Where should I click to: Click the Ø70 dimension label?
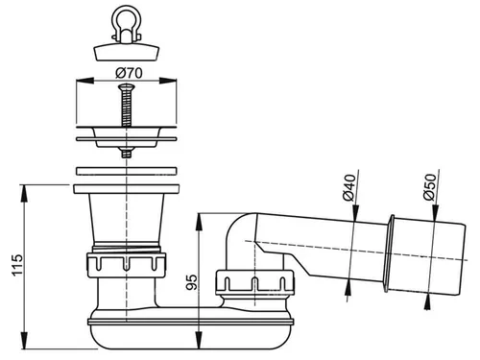coord(129,73)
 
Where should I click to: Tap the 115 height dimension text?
coord(16,265)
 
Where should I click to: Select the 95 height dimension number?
coord(192,282)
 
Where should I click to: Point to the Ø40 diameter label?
coord(349,187)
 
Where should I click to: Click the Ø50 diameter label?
coord(430,187)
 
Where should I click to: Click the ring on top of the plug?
coord(127,16)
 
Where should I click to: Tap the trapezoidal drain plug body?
coord(127,52)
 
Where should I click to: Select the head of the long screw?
coord(127,87)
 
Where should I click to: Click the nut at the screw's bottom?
coord(127,153)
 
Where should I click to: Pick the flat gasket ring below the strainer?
coord(127,171)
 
